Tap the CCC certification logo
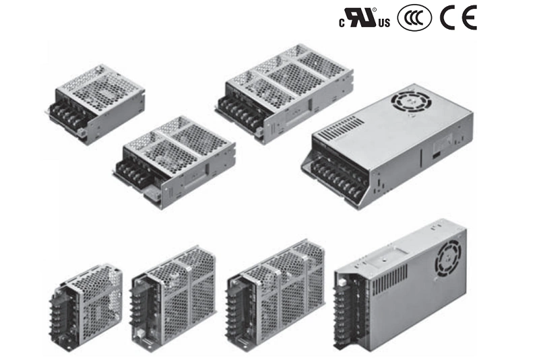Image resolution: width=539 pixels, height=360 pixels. pyautogui.click(x=414, y=18)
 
